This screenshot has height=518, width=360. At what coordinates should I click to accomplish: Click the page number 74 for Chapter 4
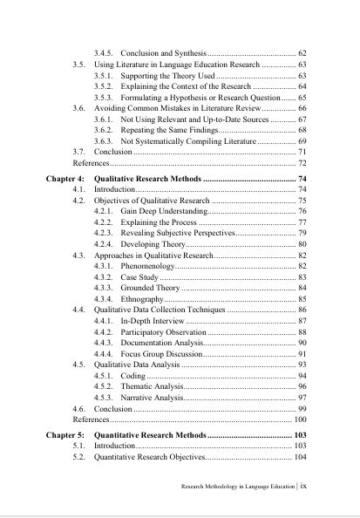pos(302,177)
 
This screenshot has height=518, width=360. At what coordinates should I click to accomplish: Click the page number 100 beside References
pos(299,420)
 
